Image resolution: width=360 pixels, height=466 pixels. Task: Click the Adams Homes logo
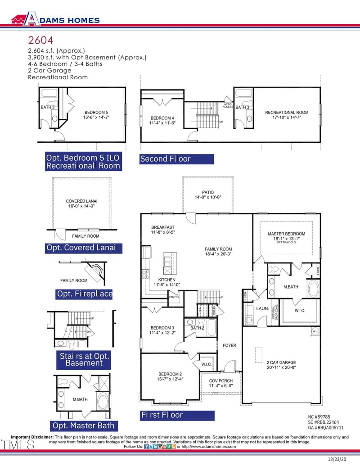[55, 19]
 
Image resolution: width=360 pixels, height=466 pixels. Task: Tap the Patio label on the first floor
[208, 195]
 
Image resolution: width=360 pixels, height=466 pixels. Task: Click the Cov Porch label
[220, 383]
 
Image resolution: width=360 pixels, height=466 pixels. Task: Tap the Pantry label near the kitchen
[174, 297]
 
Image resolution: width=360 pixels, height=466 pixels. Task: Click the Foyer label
[229, 345]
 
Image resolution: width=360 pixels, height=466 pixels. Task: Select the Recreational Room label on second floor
[286, 113]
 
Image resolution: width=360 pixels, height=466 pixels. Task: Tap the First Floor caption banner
[177, 415]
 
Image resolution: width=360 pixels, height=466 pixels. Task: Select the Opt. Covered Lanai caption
[83, 248]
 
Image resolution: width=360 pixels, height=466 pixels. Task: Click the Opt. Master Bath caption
[83, 425]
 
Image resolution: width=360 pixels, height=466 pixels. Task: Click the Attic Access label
[228, 106]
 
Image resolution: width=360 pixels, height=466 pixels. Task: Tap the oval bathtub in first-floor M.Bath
[313, 289]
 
